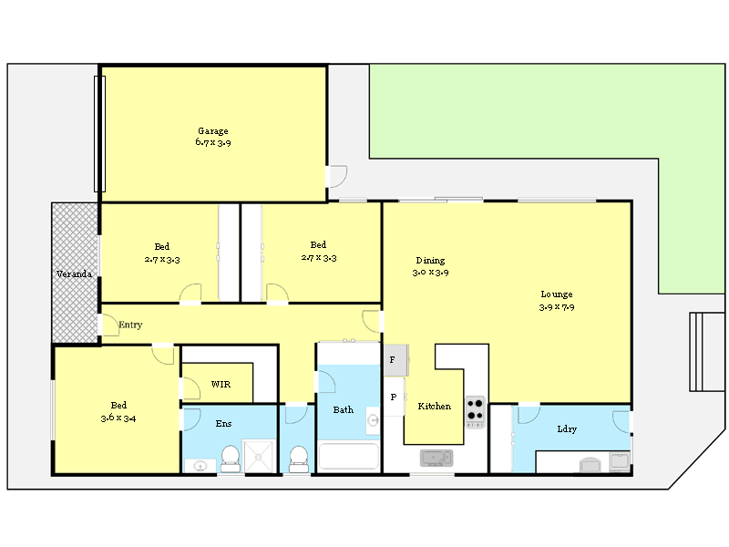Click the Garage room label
(213, 131)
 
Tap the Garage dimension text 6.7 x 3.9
(213, 143)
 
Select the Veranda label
(74, 273)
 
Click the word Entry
(130, 325)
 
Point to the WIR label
(221, 385)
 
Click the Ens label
(223, 424)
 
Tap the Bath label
(343, 410)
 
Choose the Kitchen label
(435, 407)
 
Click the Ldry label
(567, 429)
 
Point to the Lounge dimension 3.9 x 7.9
(557, 307)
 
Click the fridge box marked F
(393, 360)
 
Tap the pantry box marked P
(393, 397)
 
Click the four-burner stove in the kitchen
(476, 412)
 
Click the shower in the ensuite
(260, 455)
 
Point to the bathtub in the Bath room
(347, 456)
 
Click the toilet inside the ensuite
(231, 457)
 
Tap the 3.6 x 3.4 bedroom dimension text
(118, 418)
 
